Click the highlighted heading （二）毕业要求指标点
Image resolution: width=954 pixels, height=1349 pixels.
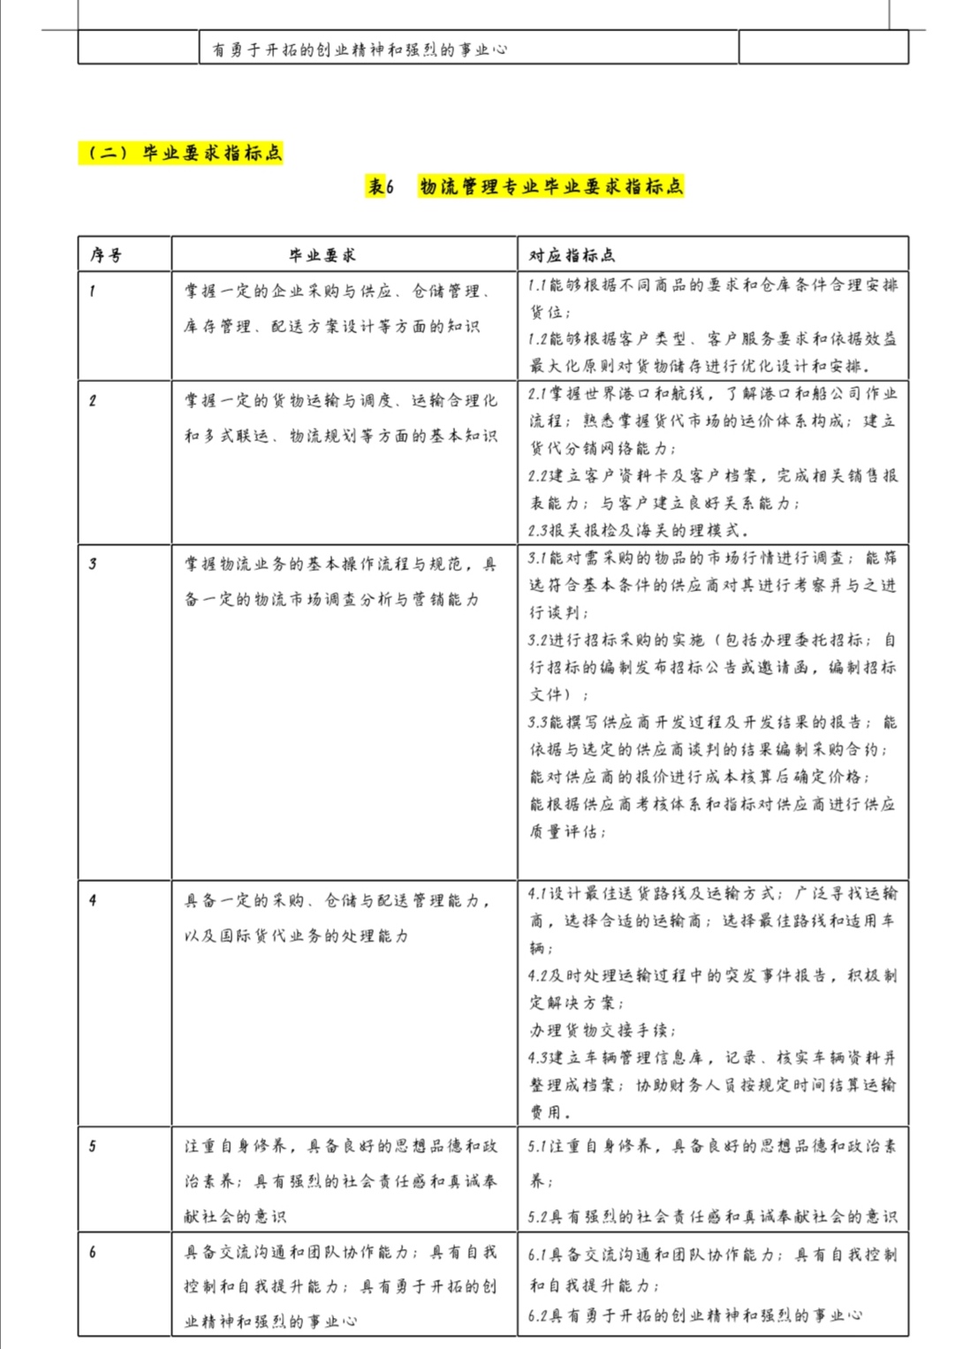[181, 153]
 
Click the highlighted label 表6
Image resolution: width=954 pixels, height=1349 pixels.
[381, 186]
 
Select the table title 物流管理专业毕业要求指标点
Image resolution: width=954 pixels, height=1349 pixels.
[551, 186]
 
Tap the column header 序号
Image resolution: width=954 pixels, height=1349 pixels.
[106, 255]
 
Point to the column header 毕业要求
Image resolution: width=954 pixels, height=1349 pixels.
[322, 255]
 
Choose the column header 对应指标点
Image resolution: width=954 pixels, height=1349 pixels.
[572, 255]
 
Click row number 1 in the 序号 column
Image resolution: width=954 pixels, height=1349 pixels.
[93, 291]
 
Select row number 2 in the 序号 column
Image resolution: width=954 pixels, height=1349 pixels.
[93, 400]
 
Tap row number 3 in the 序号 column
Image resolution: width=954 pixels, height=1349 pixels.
[93, 564]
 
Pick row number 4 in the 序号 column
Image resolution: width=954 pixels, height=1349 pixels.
[93, 900]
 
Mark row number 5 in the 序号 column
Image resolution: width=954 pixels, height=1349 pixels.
[93, 1146]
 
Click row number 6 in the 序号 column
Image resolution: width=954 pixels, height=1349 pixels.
[93, 1252]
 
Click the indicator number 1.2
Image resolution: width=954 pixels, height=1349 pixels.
[538, 338]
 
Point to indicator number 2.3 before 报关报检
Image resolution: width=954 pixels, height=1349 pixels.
[539, 531]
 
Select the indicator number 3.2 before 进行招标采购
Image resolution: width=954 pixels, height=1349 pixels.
[539, 640]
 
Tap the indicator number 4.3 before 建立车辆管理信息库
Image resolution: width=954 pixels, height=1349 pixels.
[539, 1057]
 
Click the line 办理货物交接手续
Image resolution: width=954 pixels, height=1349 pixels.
[602, 1030]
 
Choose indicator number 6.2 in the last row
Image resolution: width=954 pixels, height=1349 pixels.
[539, 1315]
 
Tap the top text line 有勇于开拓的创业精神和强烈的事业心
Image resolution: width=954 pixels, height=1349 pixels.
[360, 49]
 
